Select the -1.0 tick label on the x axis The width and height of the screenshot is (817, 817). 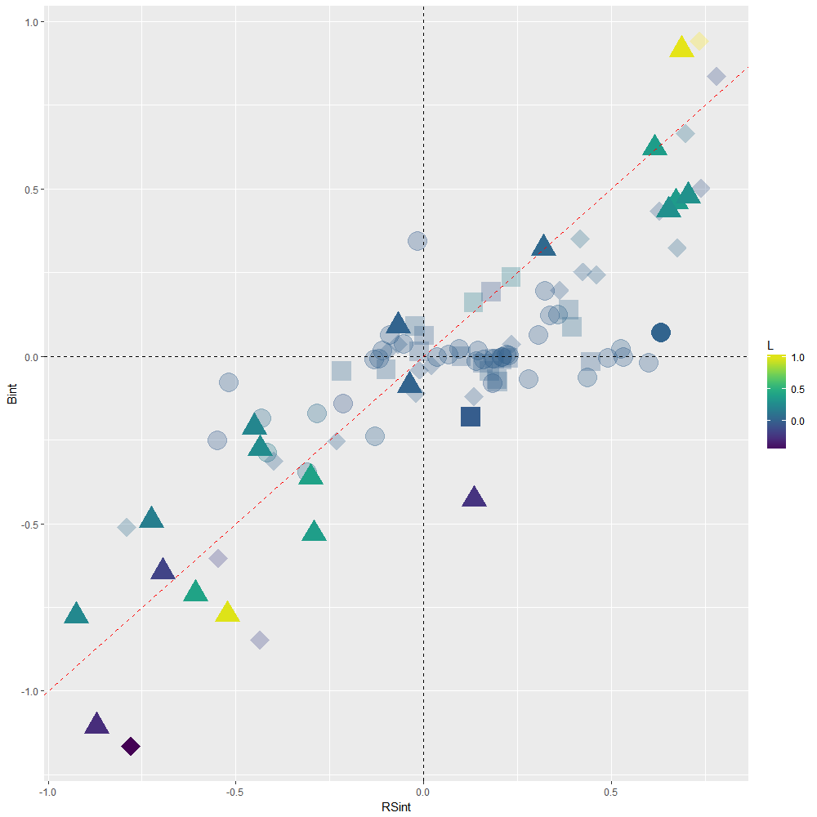48,792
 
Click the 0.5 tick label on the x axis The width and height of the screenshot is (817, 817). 610,792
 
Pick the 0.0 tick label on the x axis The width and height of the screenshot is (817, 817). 423,792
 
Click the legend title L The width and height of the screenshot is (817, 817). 771,346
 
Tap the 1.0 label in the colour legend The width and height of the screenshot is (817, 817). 798,357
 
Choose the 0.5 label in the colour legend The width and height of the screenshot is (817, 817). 798,389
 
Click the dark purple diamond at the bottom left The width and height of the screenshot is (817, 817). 131,746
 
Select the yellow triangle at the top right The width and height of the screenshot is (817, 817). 681,47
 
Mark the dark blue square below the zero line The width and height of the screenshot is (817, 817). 470,417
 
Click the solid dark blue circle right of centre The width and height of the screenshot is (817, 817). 661,333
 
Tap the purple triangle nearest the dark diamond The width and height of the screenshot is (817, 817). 97,724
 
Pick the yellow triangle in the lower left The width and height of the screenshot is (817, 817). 227,612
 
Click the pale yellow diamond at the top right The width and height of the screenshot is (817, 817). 699,41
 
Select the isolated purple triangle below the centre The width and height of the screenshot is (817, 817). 474,497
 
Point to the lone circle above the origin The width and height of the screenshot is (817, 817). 417,241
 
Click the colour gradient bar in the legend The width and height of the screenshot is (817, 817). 776,401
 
